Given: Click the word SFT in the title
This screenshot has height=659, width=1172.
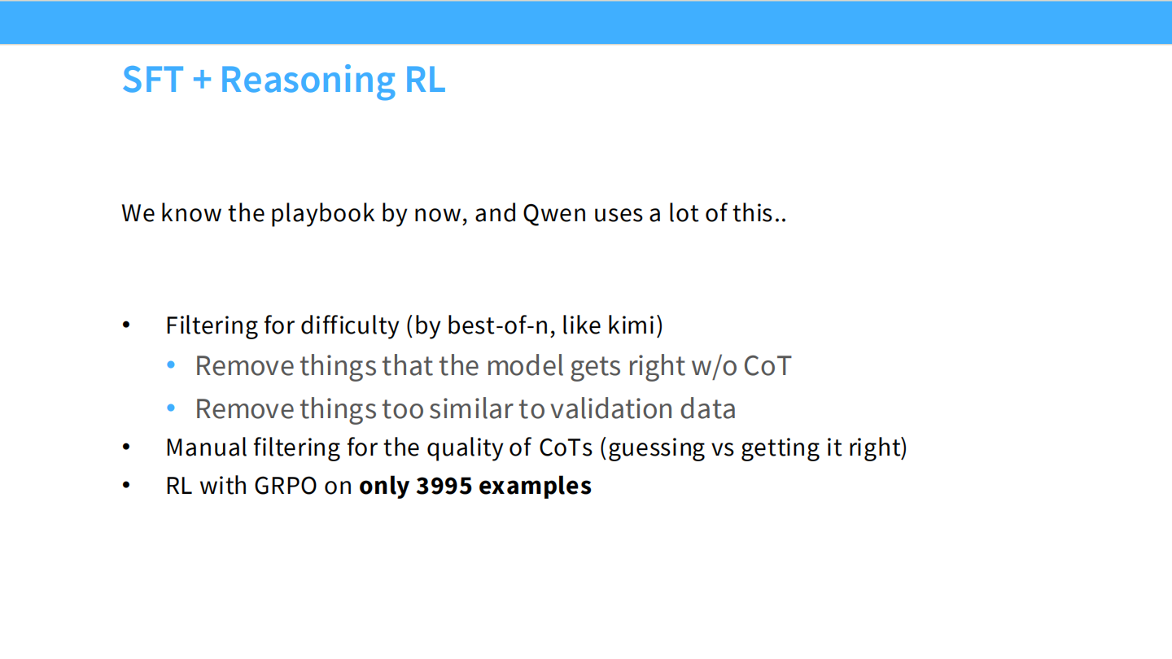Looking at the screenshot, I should click(151, 80).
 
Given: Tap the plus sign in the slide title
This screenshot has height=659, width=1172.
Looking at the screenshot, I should click(203, 81).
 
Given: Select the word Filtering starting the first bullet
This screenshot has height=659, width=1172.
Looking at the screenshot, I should click(211, 325).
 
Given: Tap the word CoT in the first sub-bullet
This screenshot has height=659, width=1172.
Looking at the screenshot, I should click(766, 366).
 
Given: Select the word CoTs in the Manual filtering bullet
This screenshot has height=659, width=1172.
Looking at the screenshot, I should click(566, 447).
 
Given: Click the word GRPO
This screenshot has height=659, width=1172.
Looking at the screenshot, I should click(284, 486).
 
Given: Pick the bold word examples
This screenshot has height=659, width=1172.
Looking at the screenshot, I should click(535, 486).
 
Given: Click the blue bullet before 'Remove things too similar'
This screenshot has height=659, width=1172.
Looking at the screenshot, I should click(171, 408).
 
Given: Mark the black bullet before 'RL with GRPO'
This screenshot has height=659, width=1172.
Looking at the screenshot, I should click(126, 486).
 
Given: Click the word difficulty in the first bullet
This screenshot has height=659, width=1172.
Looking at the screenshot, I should click(349, 325).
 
